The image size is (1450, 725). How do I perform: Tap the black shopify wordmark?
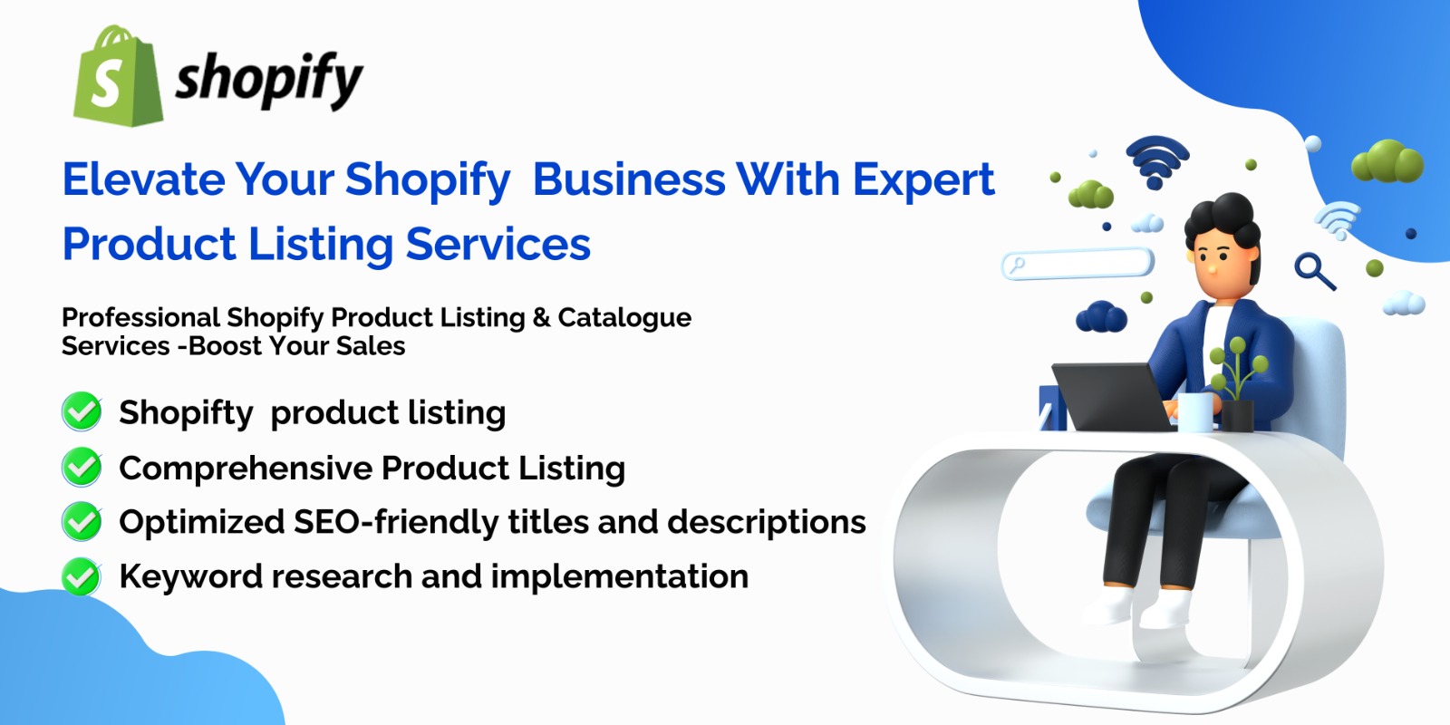(x=268, y=81)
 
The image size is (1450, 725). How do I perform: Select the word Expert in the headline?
(x=923, y=181)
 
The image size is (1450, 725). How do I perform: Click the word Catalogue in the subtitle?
(x=624, y=318)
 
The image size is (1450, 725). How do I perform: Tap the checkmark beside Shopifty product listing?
(x=82, y=411)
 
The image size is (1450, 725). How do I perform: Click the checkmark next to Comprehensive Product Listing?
(x=82, y=467)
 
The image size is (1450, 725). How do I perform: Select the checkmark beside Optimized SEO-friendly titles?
(x=82, y=521)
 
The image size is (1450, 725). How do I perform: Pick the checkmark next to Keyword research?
(x=82, y=576)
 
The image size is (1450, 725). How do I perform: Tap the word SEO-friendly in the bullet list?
(x=395, y=522)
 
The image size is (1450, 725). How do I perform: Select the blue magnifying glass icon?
(x=1314, y=271)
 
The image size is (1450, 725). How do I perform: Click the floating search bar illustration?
(x=1078, y=264)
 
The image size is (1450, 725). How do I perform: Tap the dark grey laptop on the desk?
(x=1111, y=396)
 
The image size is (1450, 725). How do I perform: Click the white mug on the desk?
(x=1195, y=412)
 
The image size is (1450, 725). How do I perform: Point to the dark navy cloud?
(x=1101, y=316)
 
